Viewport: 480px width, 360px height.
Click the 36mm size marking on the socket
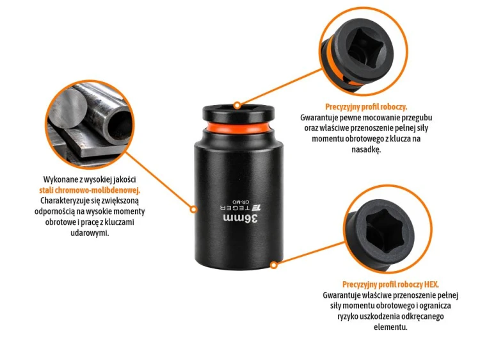point(241,219)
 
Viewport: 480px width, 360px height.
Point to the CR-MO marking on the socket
point(241,202)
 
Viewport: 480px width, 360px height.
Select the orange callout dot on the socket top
point(237,106)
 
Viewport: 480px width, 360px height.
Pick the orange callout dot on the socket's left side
point(193,209)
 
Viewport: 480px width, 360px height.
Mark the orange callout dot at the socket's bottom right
point(274,265)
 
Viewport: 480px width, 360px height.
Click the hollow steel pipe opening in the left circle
point(120,126)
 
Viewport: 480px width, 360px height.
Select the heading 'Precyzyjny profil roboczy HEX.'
point(390,284)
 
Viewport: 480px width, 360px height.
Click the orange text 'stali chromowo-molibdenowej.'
point(90,190)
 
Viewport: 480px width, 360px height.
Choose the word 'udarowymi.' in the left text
point(90,233)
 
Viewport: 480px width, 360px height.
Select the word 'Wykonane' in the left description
point(58,179)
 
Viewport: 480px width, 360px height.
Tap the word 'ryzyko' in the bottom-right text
point(348,316)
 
